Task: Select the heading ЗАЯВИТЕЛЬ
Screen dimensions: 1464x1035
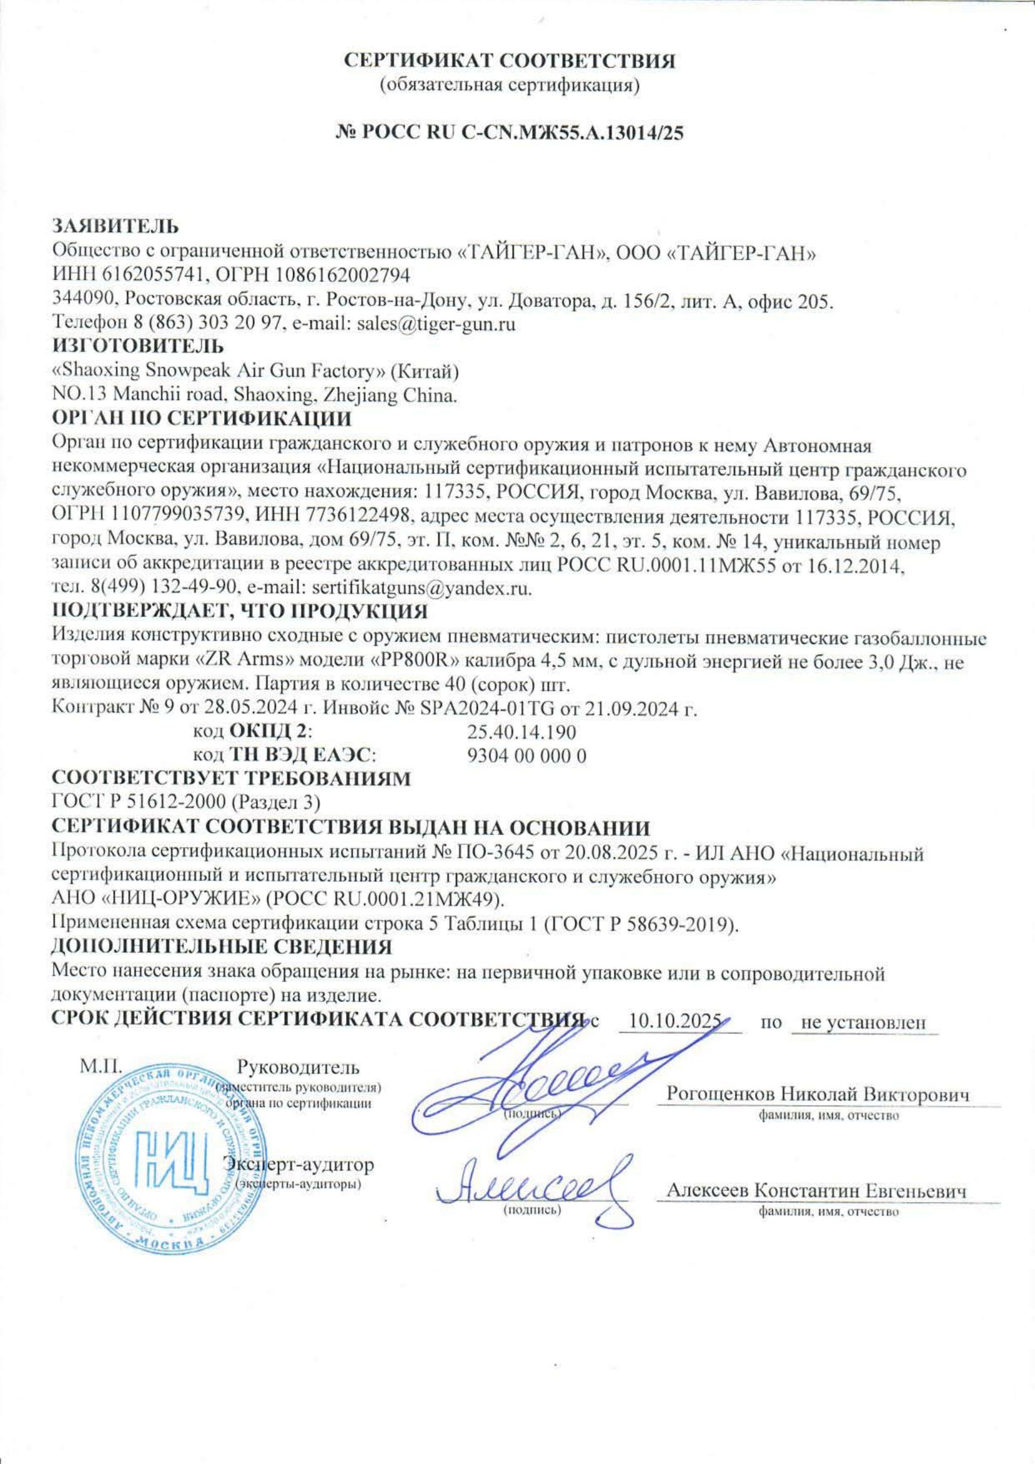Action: coord(115,226)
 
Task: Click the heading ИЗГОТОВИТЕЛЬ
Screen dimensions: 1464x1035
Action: coord(138,346)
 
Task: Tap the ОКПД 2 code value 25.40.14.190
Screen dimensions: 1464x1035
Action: coord(522,731)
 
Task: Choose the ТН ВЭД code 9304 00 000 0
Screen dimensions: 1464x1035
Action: coord(527,756)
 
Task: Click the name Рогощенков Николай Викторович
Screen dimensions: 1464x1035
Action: coord(817,1093)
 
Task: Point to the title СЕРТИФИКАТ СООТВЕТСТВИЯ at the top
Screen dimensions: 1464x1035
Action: coord(510,61)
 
